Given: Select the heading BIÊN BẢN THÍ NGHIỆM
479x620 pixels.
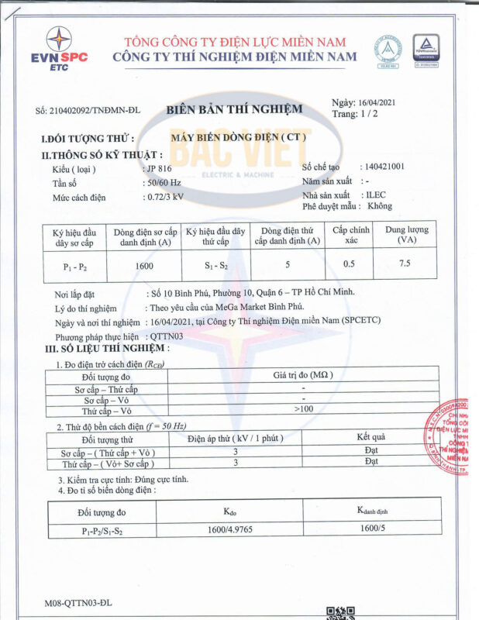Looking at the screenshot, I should tap(234, 109).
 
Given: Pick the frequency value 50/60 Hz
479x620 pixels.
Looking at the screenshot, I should tap(164, 182).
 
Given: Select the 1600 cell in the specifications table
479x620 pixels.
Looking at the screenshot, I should tap(143, 266).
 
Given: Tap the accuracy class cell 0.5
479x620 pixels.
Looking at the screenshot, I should tap(350, 265).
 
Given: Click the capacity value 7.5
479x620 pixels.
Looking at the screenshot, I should tap(405, 264).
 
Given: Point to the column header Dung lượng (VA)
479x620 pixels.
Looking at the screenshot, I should tap(406, 236).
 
